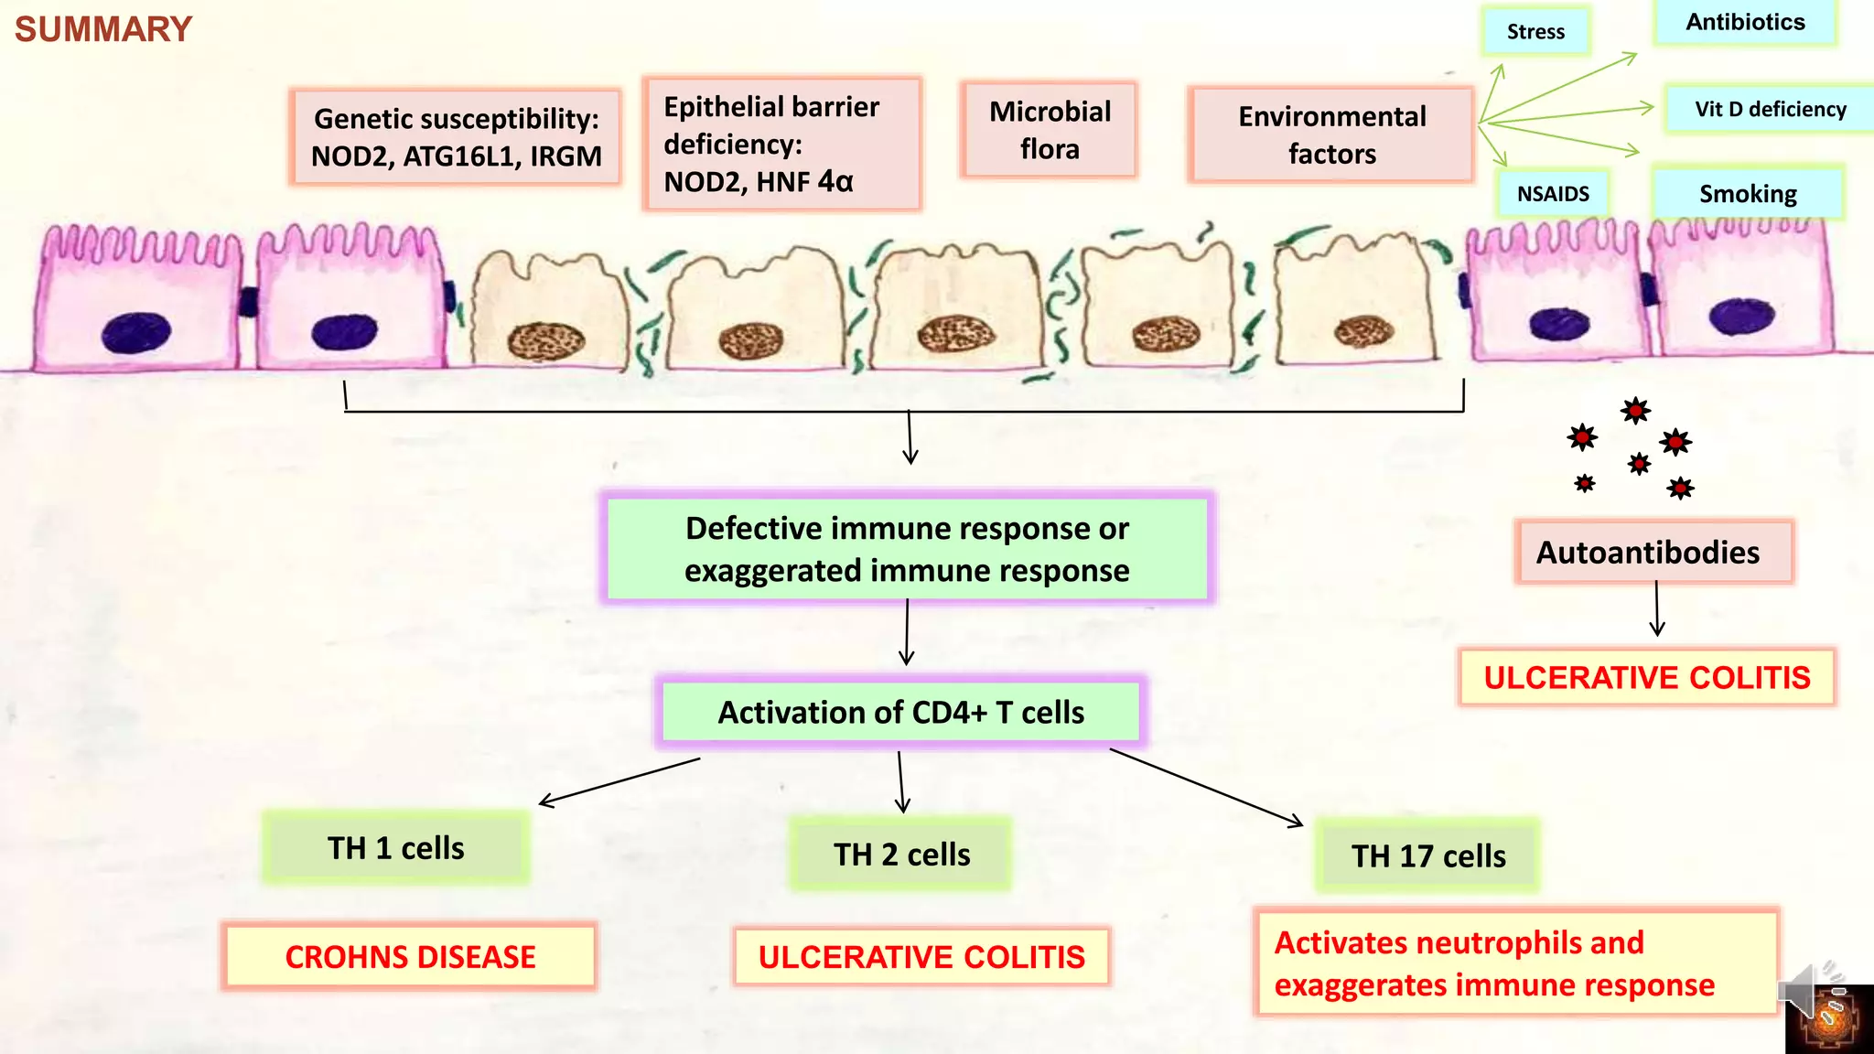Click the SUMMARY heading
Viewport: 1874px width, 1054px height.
tap(103, 29)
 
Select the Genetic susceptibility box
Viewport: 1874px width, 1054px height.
tap(456, 137)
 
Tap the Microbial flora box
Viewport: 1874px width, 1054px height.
tap(1050, 130)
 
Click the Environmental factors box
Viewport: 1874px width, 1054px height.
tap(1331, 135)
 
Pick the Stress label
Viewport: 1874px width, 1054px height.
tap(1535, 32)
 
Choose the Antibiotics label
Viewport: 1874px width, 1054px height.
tap(1745, 23)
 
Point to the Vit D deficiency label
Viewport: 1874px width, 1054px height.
tap(1770, 110)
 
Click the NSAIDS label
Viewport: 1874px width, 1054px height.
tap(1553, 194)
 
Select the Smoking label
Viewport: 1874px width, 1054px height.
tap(1748, 194)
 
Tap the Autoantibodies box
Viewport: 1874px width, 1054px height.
tap(1653, 553)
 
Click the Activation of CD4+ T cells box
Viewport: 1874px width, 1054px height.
tap(900, 713)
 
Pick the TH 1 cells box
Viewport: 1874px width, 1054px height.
tap(396, 848)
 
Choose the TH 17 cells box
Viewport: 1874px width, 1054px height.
tap(1428, 856)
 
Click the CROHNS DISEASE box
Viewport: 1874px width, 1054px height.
tap(410, 957)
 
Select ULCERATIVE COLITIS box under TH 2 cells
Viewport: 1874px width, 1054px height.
tap(921, 957)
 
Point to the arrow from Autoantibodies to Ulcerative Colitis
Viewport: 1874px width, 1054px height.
tap(1656, 608)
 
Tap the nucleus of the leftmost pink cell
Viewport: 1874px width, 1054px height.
tap(136, 332)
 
